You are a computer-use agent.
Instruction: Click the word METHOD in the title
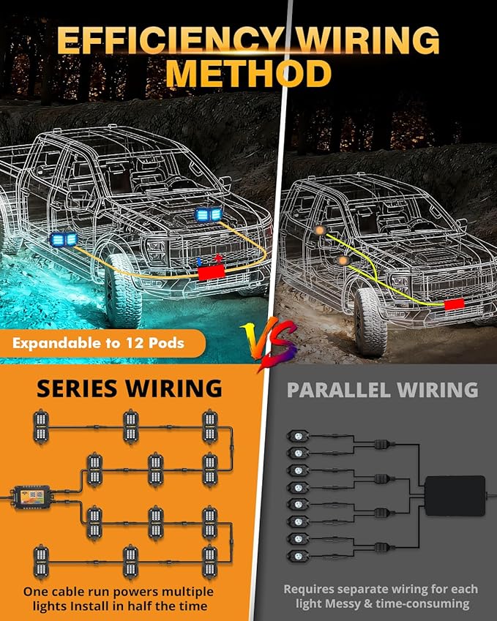coord(248,73)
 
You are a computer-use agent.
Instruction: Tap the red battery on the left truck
coord(212,273)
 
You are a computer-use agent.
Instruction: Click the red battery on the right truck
coord(455,304)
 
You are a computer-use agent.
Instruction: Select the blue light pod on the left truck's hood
coord(209,214)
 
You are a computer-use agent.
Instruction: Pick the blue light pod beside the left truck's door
coord(64,240)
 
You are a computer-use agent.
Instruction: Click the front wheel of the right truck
coord(370,322)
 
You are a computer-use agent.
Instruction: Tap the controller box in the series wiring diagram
coord(33,497)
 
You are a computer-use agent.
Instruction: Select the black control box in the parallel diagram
coord(455,495)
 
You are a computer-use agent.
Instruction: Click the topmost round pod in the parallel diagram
coord(298,437)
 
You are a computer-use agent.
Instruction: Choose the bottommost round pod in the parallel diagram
coord(298,555)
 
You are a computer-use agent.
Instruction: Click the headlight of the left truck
coord(157,250)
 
